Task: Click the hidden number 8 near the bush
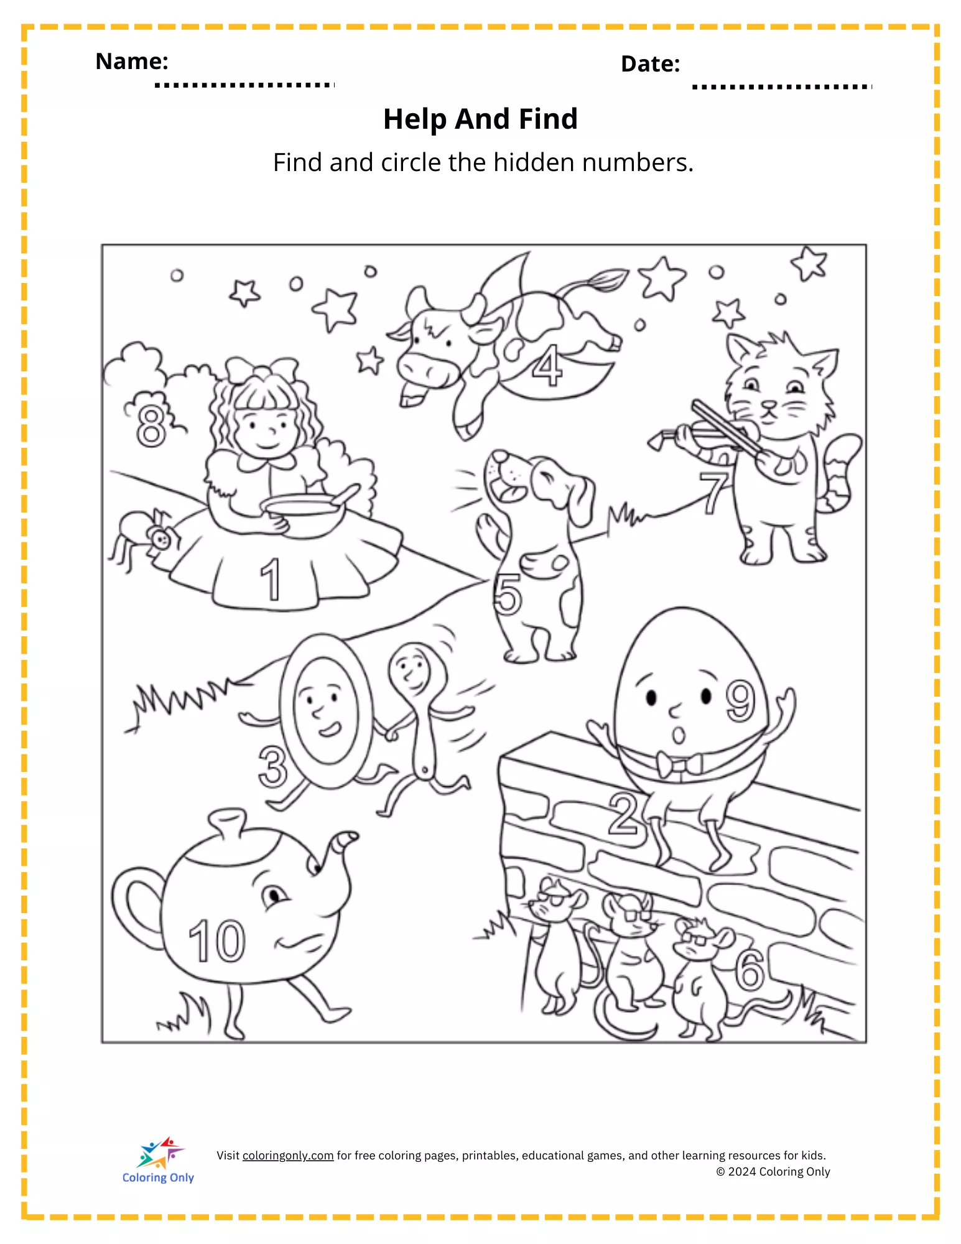151,425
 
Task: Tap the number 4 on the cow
547,366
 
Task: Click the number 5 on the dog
508,594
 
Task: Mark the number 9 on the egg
740,701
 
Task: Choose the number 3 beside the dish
273,767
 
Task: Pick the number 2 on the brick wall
623,813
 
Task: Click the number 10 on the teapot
217,941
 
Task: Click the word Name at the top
132,61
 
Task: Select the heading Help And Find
480,119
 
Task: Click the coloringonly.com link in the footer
288,1156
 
